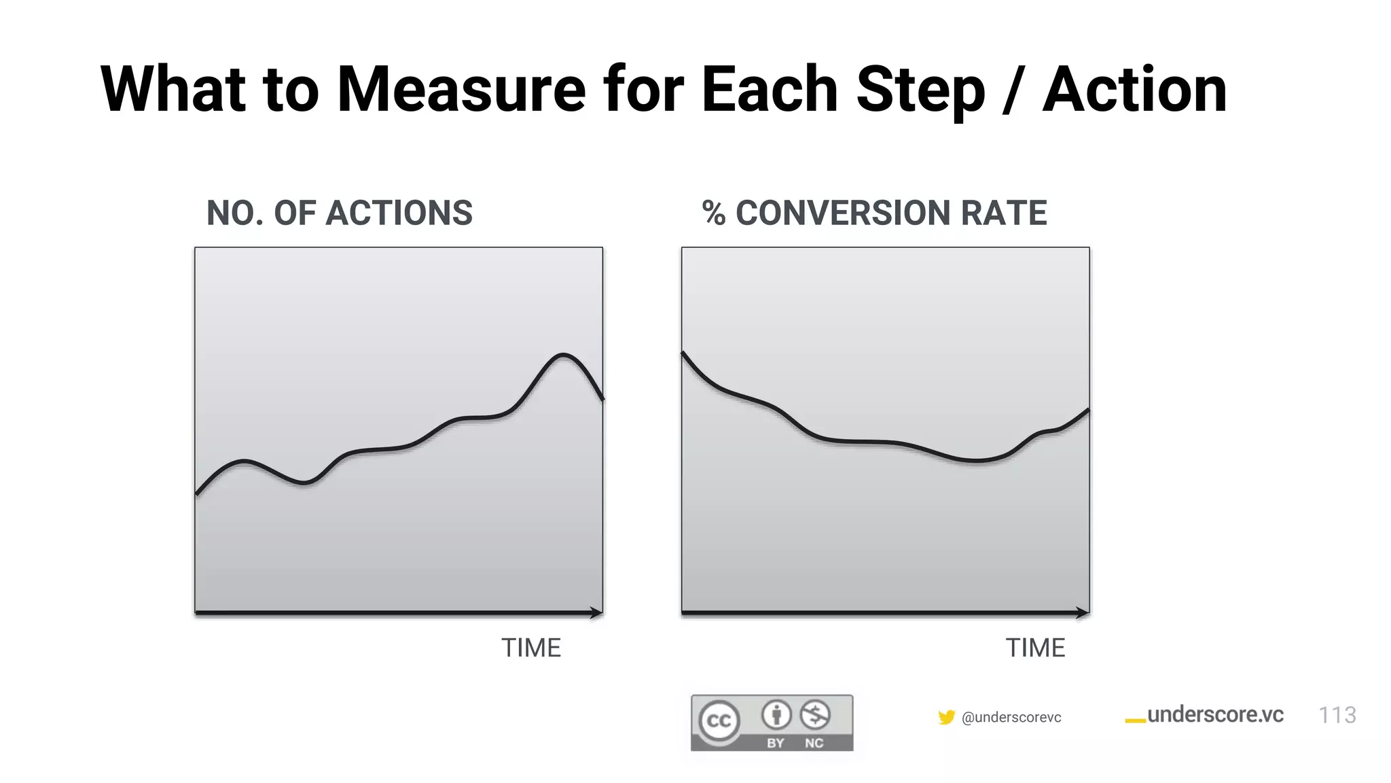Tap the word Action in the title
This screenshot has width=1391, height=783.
tap(1134, 90)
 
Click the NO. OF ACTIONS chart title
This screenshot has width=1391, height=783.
tap(339, 213)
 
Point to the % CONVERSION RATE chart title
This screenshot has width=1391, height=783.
tap(874, 213)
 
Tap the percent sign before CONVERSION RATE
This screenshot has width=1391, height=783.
tap(713, 213)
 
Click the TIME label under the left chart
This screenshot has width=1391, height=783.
tap(530, 648)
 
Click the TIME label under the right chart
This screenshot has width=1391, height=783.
tap(1034, 648)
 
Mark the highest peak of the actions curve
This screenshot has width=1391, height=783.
tap(563, 355)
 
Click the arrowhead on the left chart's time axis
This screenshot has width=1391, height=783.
tap(597, 613)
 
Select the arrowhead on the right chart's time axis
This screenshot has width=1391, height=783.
tap(1083, 613)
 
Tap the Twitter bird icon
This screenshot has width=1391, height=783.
tap(946, 717)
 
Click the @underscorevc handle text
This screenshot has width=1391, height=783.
tap(1011, 718)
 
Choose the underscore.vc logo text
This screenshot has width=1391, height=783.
tap(1214, 715)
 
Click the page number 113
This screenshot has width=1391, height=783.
tap(1337, 715)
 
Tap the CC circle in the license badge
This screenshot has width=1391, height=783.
tap(719, 721)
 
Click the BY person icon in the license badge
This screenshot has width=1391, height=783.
tap(776, 715)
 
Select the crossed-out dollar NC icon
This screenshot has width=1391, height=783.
tap(814, 715)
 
